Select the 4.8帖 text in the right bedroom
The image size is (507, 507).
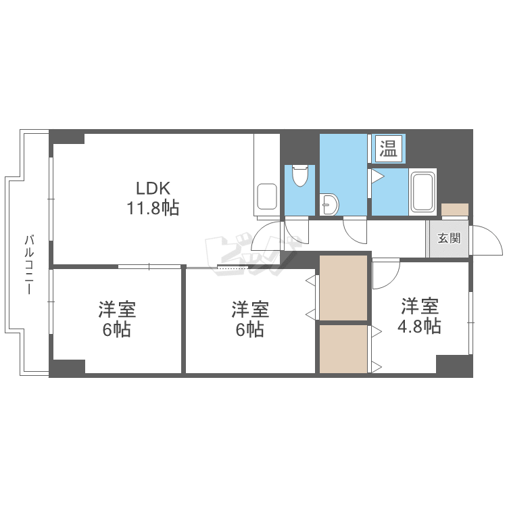click(x=420, y=327)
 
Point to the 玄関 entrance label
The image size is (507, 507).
click(x=449, y=238)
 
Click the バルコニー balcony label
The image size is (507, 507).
click(x=29, y=264)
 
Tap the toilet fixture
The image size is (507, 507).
click(x=301, y=177)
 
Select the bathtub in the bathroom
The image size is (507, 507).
click(x=423, y=192)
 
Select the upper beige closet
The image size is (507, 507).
click(x=343, y=287)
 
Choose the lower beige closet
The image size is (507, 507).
click(x=343, y=349)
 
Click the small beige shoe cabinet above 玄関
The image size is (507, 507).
click(x=454, y=209)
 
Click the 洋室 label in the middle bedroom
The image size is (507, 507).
click(x=250, y=310)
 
